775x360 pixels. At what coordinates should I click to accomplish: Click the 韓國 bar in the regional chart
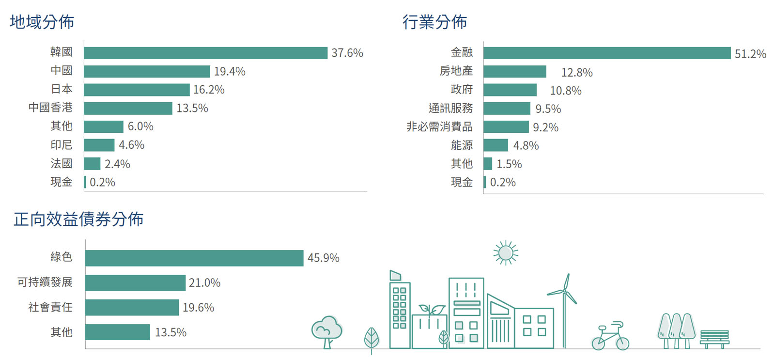pyautogui.click(x=205, y=53)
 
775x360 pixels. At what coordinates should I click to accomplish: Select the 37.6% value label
pyautogui.click(x=347, y=53)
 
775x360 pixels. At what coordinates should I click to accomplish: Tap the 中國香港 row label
pyautogui.click(x=50, y=108)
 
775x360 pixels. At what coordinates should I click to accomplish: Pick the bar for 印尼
pyautogui.click(x=99, y=145)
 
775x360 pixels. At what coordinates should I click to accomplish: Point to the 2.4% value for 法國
pyautogui.click(x=117, y=164)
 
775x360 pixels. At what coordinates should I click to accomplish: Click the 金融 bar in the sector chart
pyautogui.click(x=606, y=53)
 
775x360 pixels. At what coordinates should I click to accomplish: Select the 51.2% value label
pyautogui.click(x=750, y=54)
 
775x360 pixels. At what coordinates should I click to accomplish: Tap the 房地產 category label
pyautogui.click(x=456, y=71)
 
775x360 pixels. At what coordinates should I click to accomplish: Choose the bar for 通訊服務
pyautogui.click(x=507, y=109)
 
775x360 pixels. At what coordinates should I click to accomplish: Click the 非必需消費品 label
pyautogui.click(x=439, y=127)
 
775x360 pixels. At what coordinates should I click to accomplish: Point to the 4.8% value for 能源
pyautogui.click(x=526, y=146)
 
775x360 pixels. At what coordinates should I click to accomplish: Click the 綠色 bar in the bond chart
pyautogui.click(x=194, y=258)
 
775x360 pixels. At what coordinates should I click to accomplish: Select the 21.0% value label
pyautogui.click(x=204, y=283)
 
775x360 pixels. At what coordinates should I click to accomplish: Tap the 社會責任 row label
pyautogui.click(x=50, y=307)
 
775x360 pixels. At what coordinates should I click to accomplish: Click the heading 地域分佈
pyautogui.click(x=42, y=22)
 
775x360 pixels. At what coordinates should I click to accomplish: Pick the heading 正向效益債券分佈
pyautogui.click(x=78, y=219)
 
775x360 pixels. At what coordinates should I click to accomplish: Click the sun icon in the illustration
pyautogui.click(x=506, y=253)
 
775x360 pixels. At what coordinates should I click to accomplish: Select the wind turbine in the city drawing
pyautogui.click(x=564, y=310)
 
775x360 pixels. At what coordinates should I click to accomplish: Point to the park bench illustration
pyautogui.click(x=714, y=339)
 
